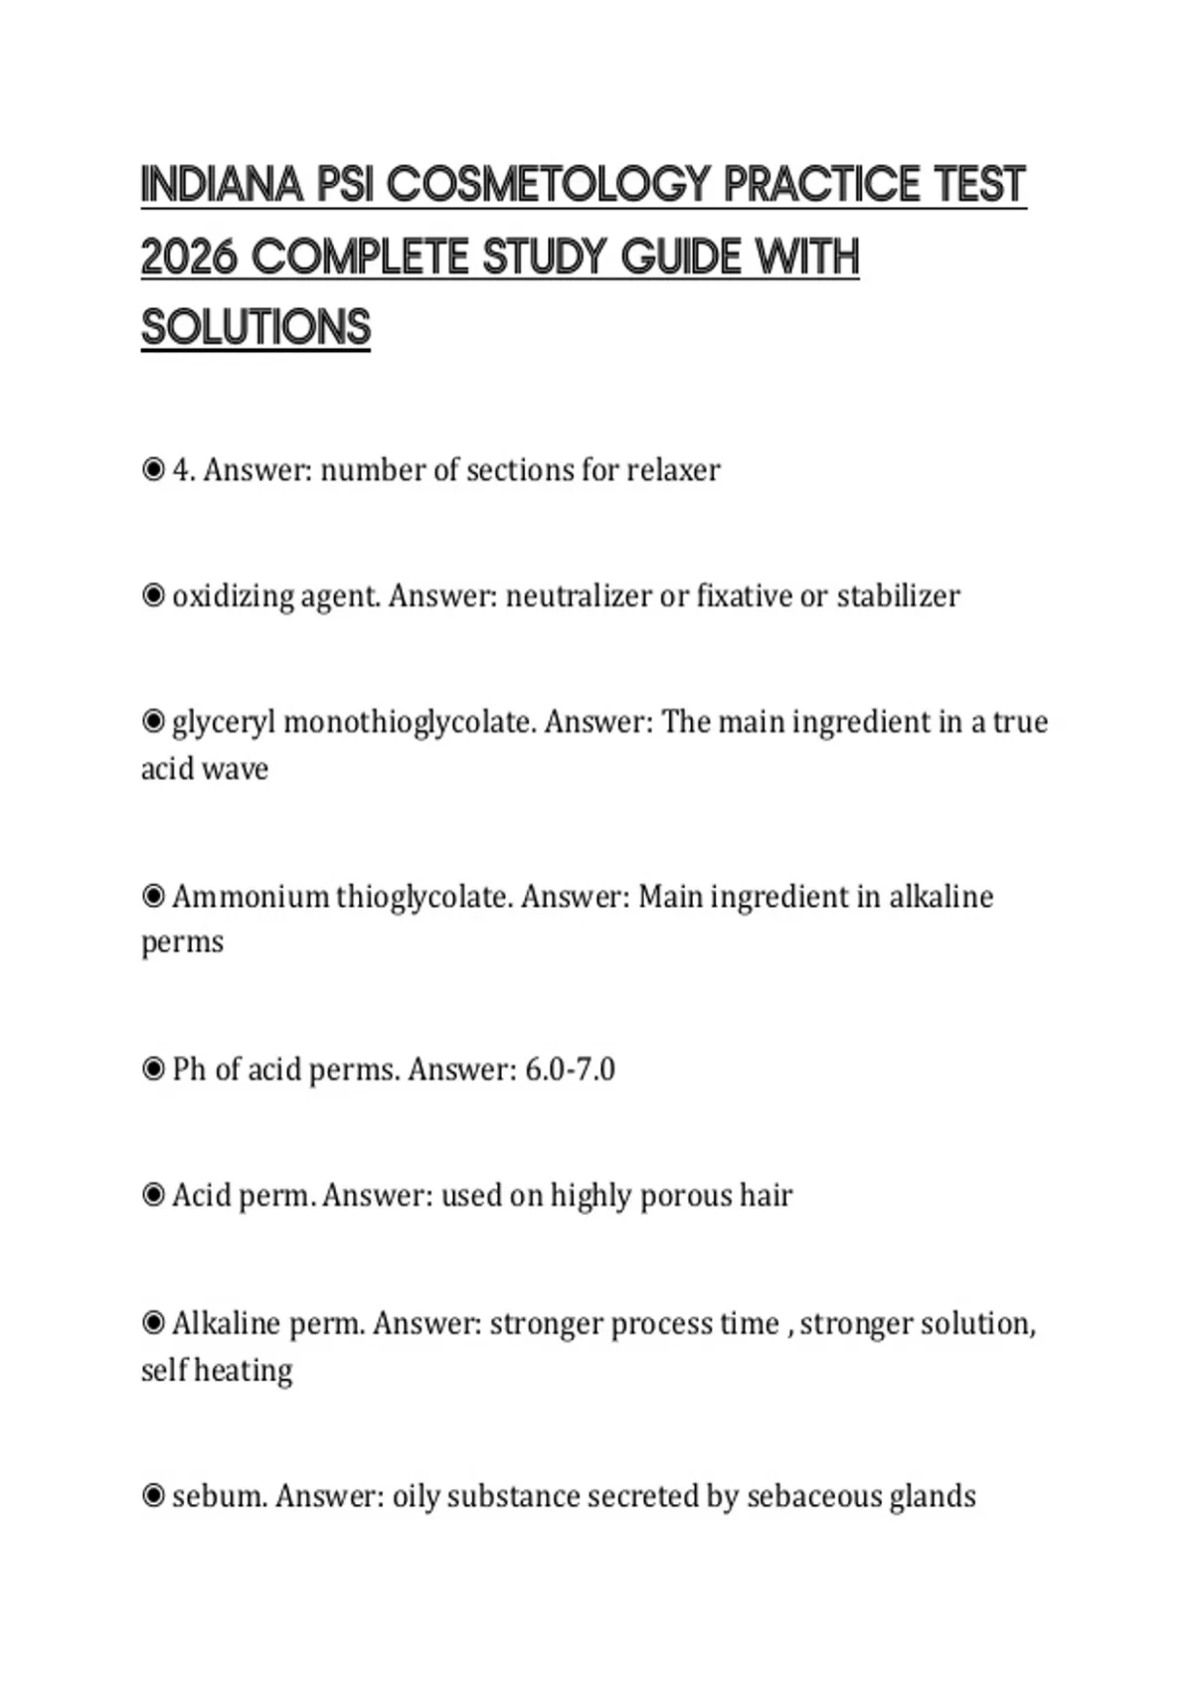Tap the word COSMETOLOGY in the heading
[x=549, y=185]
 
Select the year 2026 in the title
[x=189, y=257]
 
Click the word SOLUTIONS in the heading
[x=256, y=328]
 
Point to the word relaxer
[x=673, y=469]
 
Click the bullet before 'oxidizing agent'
[x=153, y=595]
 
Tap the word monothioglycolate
[x=409, y=722]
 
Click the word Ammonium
[x=250, y=896]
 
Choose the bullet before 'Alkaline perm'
[x=153, y=1323]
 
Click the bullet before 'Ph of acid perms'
[x=153, y=1070]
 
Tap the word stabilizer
[x=898, y=595]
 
